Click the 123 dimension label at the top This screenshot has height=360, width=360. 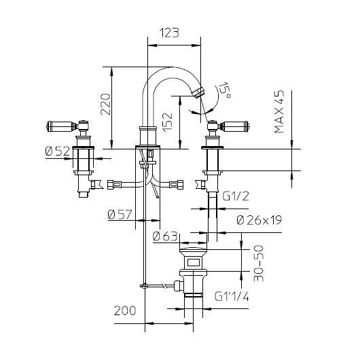click(169, 33)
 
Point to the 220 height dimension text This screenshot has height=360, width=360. click(106, 104)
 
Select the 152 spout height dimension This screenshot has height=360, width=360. click(167, 122)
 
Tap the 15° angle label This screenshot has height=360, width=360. click(224, 90)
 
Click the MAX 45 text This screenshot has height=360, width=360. click(279, 111)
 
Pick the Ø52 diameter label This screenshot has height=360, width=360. click(58, 151)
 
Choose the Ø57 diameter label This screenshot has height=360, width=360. click(120, 215)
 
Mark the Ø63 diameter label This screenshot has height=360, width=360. click(165, 236)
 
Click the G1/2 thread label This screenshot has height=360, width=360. click(236, 196)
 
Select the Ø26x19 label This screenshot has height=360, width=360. click(259, 220)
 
